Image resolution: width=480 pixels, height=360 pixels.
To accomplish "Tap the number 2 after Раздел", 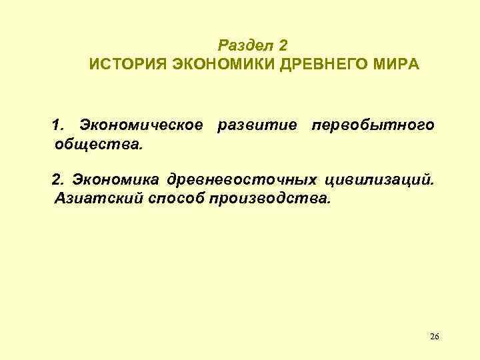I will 283,46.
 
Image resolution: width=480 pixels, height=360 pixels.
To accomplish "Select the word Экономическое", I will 141,125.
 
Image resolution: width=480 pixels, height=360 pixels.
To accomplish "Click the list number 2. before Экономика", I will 59,179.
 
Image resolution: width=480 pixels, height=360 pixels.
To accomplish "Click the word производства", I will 271,198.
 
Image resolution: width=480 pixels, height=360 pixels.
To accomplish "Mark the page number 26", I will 434,336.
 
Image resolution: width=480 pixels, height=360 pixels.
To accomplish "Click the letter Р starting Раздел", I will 223,46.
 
